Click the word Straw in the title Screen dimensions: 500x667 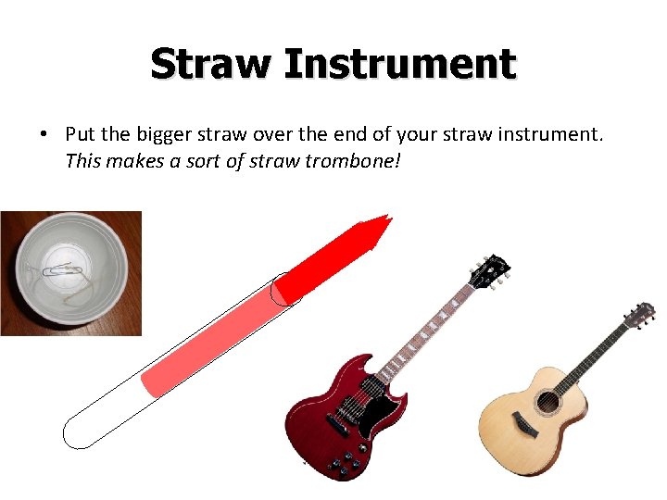[x=211, y=65]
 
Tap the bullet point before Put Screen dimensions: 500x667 [x=44, y=134]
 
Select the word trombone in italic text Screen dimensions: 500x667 [x=355, y=162]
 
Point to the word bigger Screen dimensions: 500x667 [x=165, y=134]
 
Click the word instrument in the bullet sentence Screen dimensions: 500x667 [x=547, y=134]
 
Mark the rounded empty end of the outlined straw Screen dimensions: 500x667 [x=79, y=431]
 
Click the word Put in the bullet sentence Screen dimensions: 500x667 [x=81, y=134]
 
